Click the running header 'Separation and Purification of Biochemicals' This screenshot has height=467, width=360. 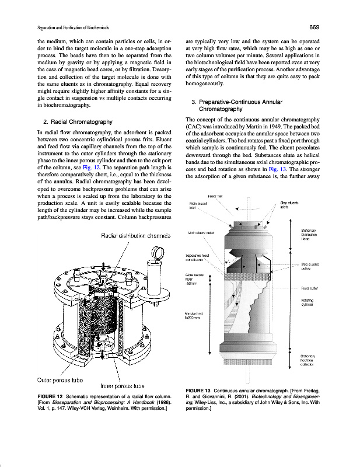73,28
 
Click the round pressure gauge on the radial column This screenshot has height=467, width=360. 156,253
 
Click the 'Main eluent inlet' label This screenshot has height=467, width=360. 198,206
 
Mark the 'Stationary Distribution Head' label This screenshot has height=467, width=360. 309,235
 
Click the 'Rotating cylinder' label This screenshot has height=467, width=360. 308,303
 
